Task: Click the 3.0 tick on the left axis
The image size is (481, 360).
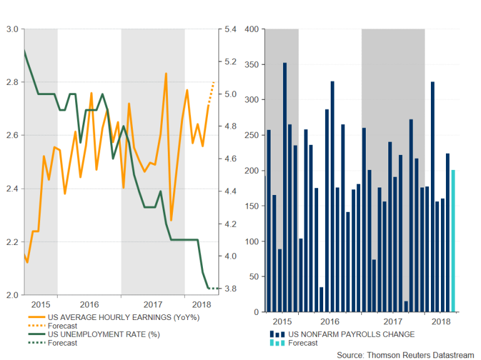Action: coord(12,29)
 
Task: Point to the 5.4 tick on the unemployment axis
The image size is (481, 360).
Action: coord(230,29)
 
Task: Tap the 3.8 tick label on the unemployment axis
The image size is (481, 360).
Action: coord(230,289)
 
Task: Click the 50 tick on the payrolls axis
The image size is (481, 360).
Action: coord(254,277)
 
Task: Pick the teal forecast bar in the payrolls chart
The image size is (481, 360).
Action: coord(453,241)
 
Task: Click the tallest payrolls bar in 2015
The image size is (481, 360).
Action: coord(284,187)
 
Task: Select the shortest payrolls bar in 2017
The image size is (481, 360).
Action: coord(406,306)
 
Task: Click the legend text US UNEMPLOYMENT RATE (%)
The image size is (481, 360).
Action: coord(85,334)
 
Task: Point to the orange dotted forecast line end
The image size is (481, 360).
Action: coord(214,82)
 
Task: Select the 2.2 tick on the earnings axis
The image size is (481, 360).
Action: coord(12,242)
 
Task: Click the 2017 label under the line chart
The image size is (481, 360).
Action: coord(153,304)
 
